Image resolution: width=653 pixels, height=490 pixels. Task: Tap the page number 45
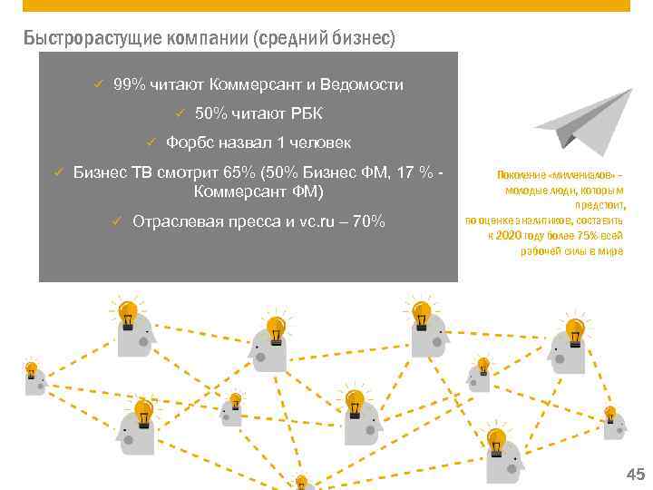point(634,474)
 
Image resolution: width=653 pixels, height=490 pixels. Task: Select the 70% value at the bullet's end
point(367,220)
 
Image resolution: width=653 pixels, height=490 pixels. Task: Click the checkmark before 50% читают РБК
point(180,113)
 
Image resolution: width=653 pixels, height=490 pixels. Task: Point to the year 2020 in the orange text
point(510,234)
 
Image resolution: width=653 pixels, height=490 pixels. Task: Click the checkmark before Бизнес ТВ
point(56,171)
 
